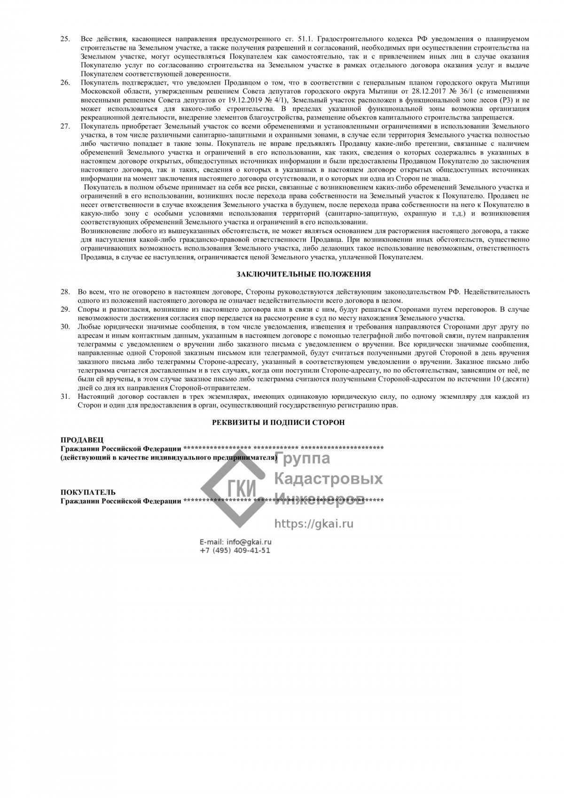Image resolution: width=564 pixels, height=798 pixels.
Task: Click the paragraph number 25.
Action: click(65, 38)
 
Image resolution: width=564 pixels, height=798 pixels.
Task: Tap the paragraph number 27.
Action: click(65, 127)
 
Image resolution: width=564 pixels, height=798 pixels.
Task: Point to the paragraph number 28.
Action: click(65, 292)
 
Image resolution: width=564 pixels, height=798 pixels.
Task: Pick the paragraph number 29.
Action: click(65, 309)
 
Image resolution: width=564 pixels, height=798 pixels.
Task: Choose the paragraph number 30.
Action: click(65, 327)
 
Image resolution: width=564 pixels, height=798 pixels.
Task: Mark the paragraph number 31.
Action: click(65, 397)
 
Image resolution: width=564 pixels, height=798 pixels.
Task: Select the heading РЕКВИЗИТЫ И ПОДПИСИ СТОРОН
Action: click(278, 423)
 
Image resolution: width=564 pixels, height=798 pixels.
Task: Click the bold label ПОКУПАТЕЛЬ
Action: click(88, 492)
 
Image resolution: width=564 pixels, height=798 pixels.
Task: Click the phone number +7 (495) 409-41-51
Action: click(235, 551)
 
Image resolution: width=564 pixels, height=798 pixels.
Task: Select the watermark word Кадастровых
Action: click(328, 479)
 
